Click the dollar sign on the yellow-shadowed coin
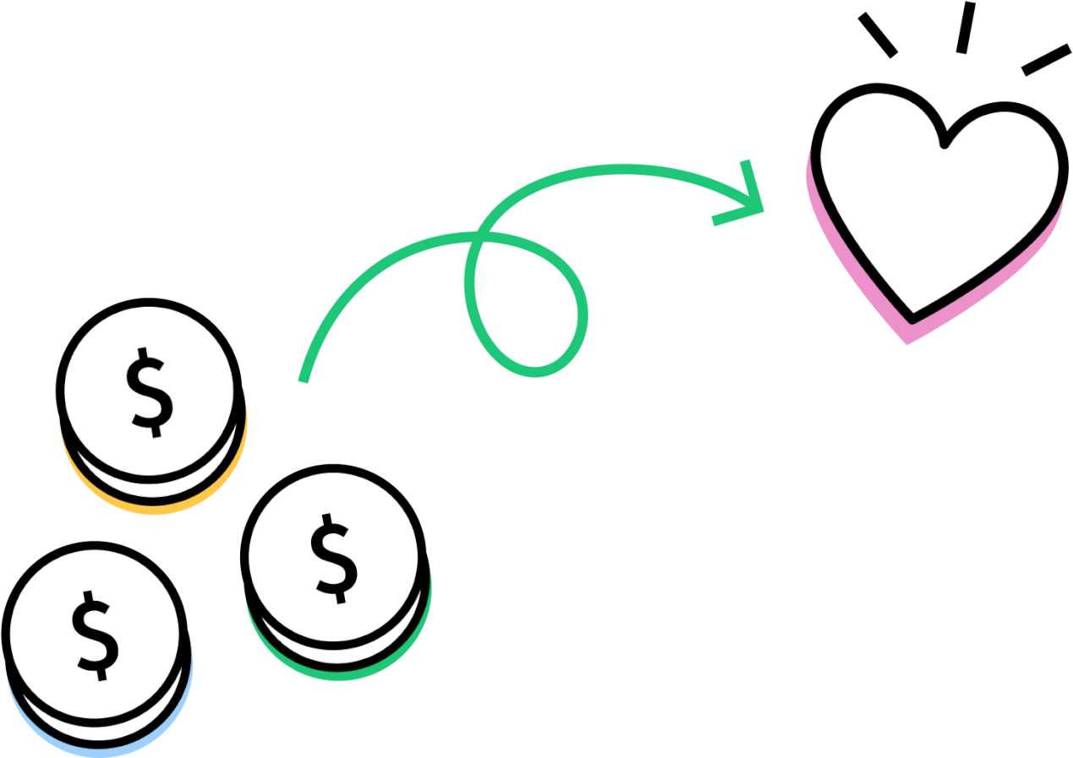(x=149, y=392)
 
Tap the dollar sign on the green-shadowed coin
(x=334, y=559)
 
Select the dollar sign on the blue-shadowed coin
(x=95, y=635)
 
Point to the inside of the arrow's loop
(x=527, y=302)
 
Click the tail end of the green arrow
(x=303, y=382)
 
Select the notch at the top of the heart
(x=944, y=144)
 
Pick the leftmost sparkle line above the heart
(x=878, y=35)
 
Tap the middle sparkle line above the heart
(x=966, y=27)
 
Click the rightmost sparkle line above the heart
(x=1046, y=60)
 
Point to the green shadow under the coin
(x=339, y=676)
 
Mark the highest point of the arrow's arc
(x=622, y=169)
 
